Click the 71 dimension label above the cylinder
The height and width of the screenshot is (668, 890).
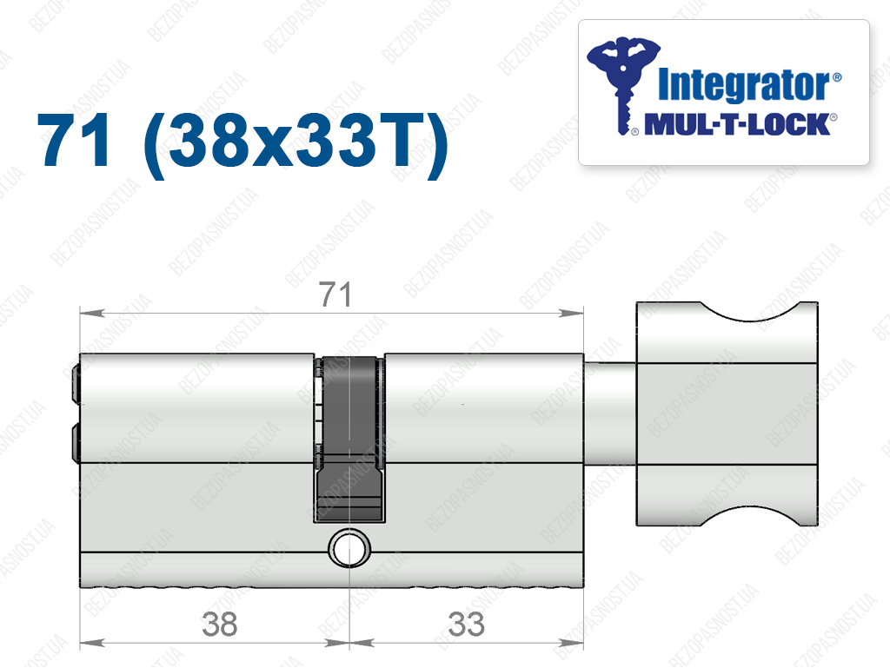[335, 294]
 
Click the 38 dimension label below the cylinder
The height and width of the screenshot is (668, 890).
[220, 625]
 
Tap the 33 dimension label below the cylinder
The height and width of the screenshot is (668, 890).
[466, 625]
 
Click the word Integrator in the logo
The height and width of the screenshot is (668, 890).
[745, 85]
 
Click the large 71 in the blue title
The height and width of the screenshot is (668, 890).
[74, 140]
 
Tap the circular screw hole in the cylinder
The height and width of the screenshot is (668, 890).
[349, 548]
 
